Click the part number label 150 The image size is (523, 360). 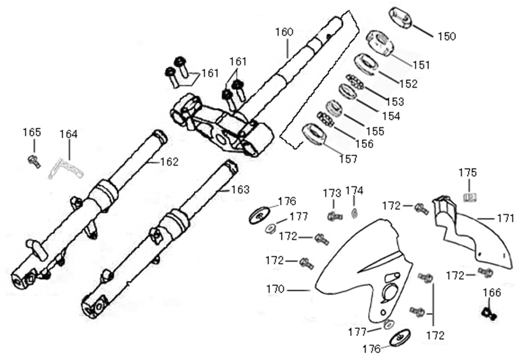[x=446, y=37]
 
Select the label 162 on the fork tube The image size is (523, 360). [x=169, y=162]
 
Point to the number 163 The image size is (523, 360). [x=240, y=189]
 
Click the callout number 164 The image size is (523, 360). [x=69, y=134]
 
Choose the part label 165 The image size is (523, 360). [x=32, y=132]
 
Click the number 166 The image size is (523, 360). [x=491, y=293]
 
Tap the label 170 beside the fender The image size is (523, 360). [x=275, y=289]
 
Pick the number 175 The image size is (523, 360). [x=467, y=173]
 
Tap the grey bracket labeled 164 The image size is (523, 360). [x=65, y=169]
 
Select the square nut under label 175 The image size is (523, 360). [x=469, y=197]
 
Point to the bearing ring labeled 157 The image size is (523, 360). [x=314, y=135]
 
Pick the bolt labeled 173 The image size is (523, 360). [x=333, y=216]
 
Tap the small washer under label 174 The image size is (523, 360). [x=354, y=213]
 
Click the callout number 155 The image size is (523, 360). [x=375, y=131]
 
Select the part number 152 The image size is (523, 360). [x=408, y=84]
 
